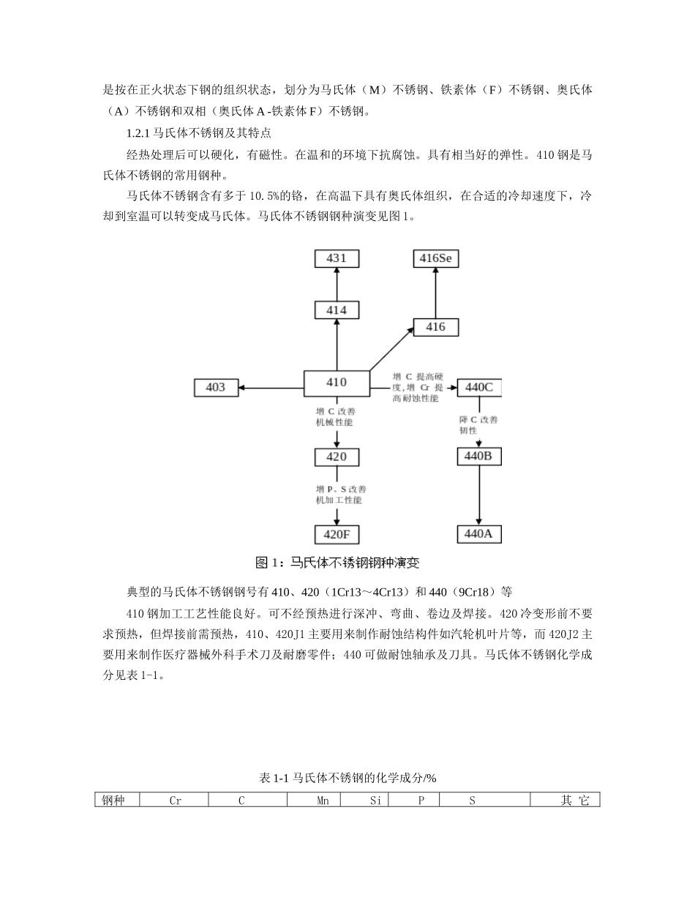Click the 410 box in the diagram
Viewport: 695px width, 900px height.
[x=337, y=383]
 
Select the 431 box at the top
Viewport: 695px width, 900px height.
[x=337, y=258]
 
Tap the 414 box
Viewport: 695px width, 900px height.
[x=337, y=310]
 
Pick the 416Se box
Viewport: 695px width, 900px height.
[x=436, y=258]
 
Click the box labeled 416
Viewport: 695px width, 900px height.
[x=436, y=327]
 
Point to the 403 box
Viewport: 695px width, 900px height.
[x=216, y=387]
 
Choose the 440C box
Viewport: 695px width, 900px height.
[x=479, y=387]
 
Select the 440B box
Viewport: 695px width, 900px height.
[x=479, y=457]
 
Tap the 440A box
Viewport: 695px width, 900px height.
[x=479, y=533]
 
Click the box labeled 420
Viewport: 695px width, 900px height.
[x=337, y=457]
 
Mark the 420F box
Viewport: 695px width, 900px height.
[x=337, y=534]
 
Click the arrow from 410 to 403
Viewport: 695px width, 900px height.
[x=271, y=387]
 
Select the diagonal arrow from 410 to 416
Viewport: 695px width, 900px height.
[x=391, y=348]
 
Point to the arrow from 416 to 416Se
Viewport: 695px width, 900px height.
[x=436, y=293]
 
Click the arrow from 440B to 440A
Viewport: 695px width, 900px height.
[x=479, y=494]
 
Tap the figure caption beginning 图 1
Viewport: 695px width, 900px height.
[x=337, y=563]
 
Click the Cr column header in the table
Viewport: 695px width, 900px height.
[x=175, y=800]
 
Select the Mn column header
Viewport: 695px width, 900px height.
[x=323, y=800]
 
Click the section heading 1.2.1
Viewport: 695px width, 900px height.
[x=200, y=134]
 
